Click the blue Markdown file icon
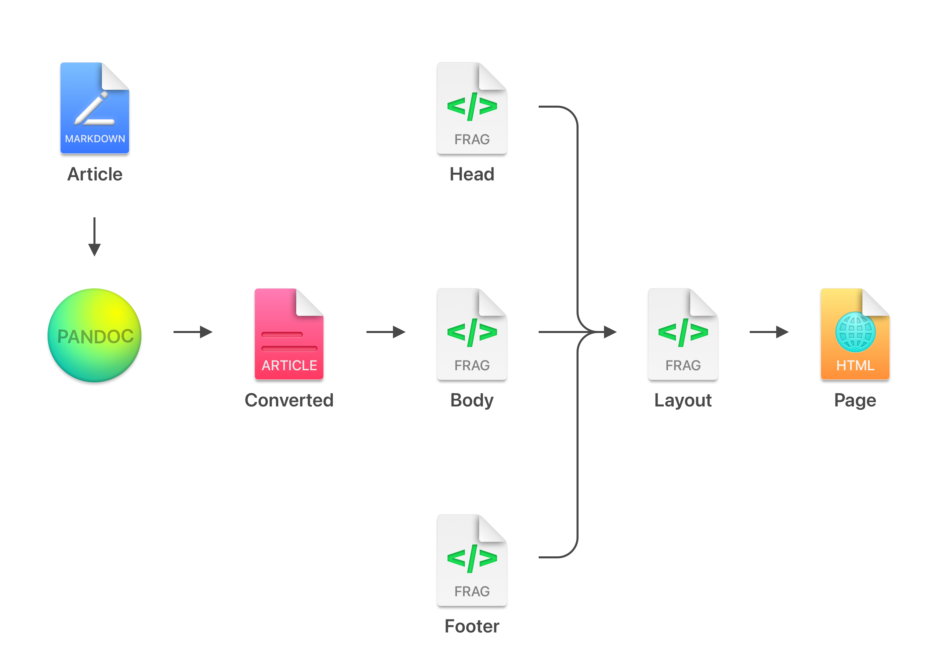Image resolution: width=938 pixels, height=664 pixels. click(x=95, y=108)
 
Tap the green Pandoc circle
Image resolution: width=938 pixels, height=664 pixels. click(x=94, y=335)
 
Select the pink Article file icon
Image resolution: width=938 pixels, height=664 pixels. click(x=289, y=334)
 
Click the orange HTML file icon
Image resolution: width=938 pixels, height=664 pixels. click(x=855, y=334)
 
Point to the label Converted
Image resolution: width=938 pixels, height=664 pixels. click(x=289, y=400)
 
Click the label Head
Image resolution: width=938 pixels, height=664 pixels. click(x=472, y=174)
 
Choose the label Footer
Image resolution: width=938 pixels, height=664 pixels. click(x=472, y=626)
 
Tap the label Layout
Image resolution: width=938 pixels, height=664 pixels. click(x=683, y=400)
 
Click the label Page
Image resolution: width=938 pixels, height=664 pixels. click(x=855, y=400)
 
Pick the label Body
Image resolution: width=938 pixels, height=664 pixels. click(x=472, y=400)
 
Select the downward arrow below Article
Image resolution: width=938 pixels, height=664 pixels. click(x=94, y=237)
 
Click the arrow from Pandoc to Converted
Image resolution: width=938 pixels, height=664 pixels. click(x=193, y=332)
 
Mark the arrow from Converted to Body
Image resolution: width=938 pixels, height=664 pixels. click(x=386, y=332)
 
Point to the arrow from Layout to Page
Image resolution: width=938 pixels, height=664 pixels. click(x=769, y=332)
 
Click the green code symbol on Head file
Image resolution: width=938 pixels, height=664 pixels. click(x=472, y=107)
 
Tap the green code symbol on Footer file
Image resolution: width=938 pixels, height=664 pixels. click(x=472, y=558)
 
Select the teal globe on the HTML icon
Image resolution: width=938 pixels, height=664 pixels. click(x=855, y=332)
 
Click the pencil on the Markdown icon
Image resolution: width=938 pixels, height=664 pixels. click(x=92, y=108)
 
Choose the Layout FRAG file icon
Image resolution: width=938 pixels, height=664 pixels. click(x=683, y=334)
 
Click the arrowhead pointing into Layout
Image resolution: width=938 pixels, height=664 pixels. click(x=610, y=332)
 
